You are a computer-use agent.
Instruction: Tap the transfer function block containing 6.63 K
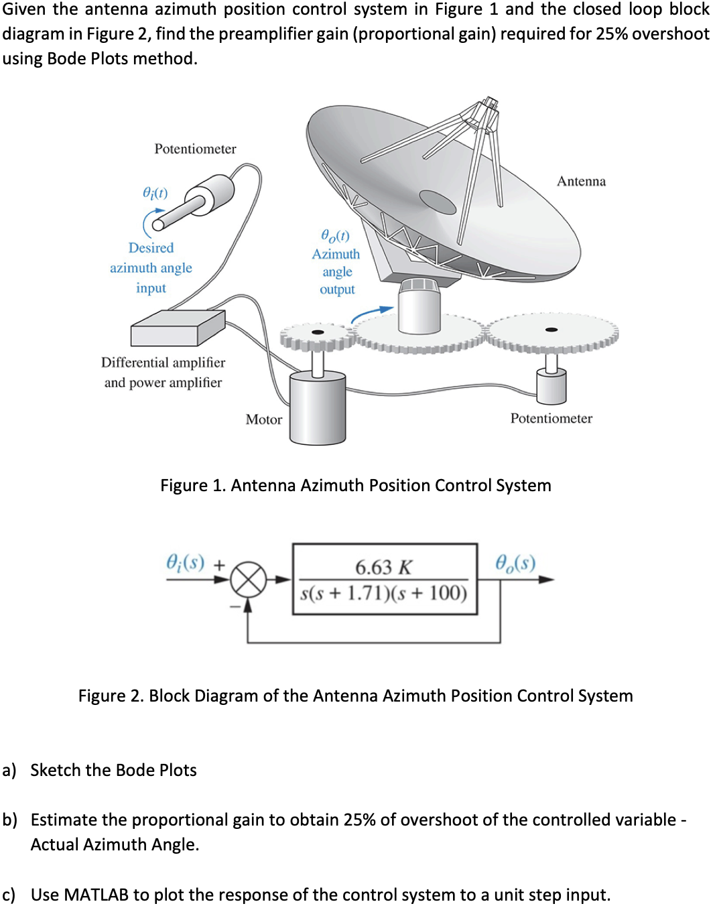(x=385, y=580)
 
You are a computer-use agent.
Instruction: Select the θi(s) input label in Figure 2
(x=185, y=562)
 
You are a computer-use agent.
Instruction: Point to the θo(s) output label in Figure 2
(x=515, y=563)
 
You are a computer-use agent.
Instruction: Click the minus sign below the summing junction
(x=235, y=606)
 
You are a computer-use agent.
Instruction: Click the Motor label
(x=263, y=419)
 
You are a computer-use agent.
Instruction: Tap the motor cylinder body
(x=318, y=409)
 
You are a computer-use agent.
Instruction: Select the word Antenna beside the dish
(x=581, y=182)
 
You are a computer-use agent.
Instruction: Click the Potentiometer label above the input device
(x=195, y=149)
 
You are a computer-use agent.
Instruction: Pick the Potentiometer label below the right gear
(x=551, y=419)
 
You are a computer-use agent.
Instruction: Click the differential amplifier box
(x=177, y=328)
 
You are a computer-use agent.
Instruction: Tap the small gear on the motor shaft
(x=318, y=334)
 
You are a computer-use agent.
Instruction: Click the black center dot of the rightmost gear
(x=552, y=330)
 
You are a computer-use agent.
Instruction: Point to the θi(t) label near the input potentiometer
(x=155, y=193)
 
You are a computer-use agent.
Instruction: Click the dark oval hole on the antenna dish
(x=438, y=201)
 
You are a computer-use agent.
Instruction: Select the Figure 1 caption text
(x=355, y=485)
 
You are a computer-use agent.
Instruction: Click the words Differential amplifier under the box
(x=163, y=363)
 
